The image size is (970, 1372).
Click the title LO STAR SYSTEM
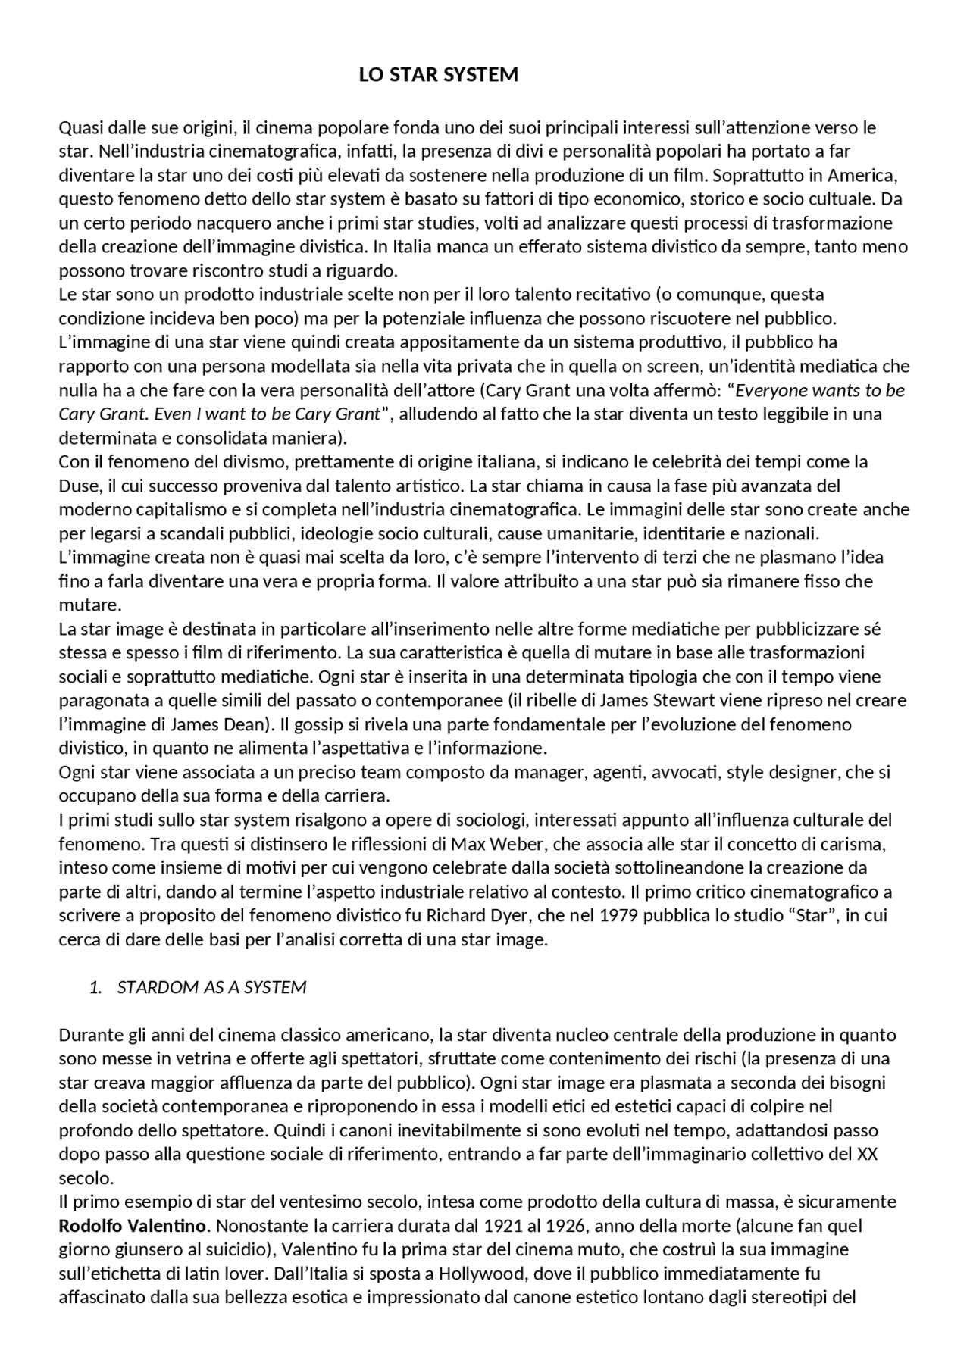point(439,75)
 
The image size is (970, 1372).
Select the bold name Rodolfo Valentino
point(133,1225)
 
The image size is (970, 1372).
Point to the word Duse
point(77,485)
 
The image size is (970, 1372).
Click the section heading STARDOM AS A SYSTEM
point(212,987)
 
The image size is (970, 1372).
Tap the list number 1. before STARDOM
point(95,987)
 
